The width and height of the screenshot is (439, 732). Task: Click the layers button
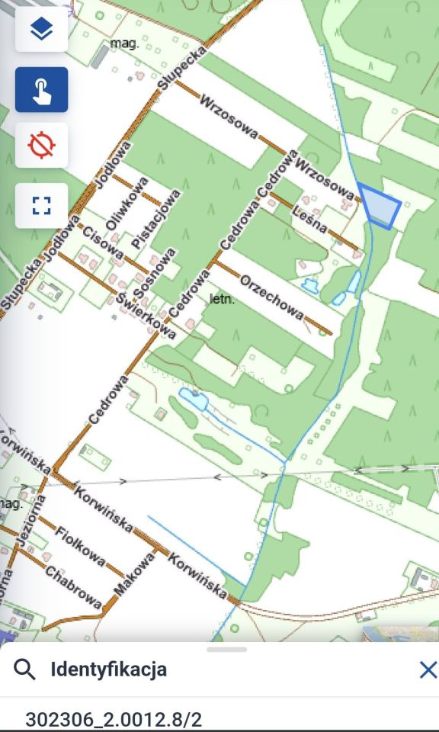(x=41, y=30)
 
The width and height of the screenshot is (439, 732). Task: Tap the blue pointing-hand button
(x=41, y=90)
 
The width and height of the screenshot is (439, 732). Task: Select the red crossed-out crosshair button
(x=41, y=145)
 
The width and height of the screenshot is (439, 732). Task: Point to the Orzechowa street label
(x=271, y=298)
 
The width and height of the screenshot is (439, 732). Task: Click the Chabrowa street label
(x=73, y=587)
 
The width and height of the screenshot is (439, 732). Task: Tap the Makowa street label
(x=134, y=573)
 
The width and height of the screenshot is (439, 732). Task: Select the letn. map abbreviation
(x=222, y=300)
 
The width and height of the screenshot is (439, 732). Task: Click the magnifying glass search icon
(x=25, y=670)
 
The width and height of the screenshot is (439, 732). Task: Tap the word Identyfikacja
(x=108, y=670)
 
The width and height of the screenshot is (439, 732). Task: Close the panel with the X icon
(x=428, y=670)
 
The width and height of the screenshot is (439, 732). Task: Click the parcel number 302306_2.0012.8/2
(x=114, y=719)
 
